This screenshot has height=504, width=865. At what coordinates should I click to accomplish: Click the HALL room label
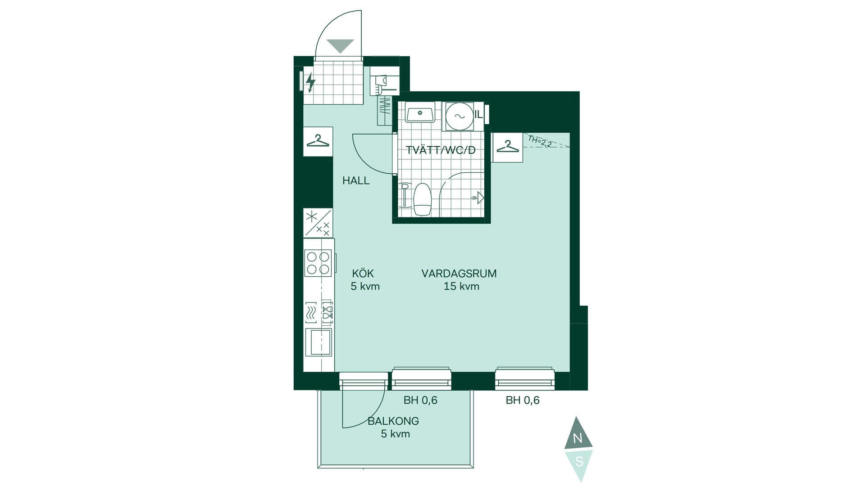(x=356, y=181)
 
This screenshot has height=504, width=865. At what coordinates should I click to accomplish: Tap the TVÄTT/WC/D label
(x=441, y=150)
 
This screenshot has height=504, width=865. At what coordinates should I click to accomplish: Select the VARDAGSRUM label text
(x=459, y=274)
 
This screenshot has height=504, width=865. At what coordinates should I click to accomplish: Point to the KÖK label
(x=363, y=274)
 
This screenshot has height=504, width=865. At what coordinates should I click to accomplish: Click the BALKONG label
(x=393, y=421)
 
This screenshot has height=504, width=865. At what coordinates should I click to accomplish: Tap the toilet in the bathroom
(x=423, y=199)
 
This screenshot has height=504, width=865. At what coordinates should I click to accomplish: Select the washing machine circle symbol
(x=460, y=116)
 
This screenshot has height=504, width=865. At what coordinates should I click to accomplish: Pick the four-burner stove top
(x=318, y=263)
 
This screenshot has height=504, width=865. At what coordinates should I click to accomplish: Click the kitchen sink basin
(x=319, y=342)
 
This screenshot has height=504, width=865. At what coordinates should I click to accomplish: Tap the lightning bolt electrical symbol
(x=310, y=82)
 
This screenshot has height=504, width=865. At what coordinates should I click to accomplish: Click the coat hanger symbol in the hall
(x=318, y=141)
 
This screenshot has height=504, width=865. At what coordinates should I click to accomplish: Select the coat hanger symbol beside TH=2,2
(x=508, y=147)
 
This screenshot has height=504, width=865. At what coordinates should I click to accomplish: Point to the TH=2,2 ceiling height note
(x=540, y=141)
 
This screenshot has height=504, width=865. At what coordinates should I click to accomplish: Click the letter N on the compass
(x=578, y=438)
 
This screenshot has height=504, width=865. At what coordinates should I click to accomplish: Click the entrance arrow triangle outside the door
(x=340, y=46)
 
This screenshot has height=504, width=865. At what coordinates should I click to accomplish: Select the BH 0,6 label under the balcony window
(x=420, y=400)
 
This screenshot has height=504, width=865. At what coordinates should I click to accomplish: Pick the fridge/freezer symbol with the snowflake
(x=318, y=223)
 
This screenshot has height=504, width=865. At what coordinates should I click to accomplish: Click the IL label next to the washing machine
(x=478, y=115)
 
